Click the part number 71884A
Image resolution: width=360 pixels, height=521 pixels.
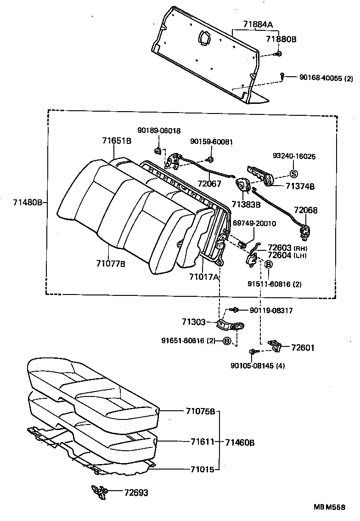coord(257,25)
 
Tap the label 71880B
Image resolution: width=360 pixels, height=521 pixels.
coord(281,40)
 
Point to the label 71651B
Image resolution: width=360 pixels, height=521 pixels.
coord(117,141)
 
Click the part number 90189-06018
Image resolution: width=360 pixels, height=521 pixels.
coord(159,130)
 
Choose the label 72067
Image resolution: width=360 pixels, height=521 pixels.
coord(208,184)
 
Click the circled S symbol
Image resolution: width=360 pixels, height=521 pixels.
coord(294,174)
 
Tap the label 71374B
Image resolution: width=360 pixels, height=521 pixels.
coord(300,186)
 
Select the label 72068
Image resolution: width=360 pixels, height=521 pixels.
coord(306,210)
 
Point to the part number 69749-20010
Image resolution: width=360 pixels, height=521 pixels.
coord(254,223)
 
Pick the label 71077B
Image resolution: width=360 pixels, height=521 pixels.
coord(111,263)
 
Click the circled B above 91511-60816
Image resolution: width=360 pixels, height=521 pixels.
coord(269,264)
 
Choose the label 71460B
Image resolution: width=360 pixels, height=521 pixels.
coord(240,442)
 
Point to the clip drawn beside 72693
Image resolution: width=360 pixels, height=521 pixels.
coord(99,491)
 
